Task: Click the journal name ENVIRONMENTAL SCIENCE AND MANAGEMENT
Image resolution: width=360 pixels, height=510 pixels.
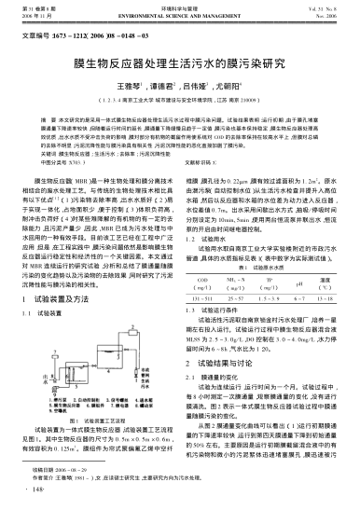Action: tap(179, 17)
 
